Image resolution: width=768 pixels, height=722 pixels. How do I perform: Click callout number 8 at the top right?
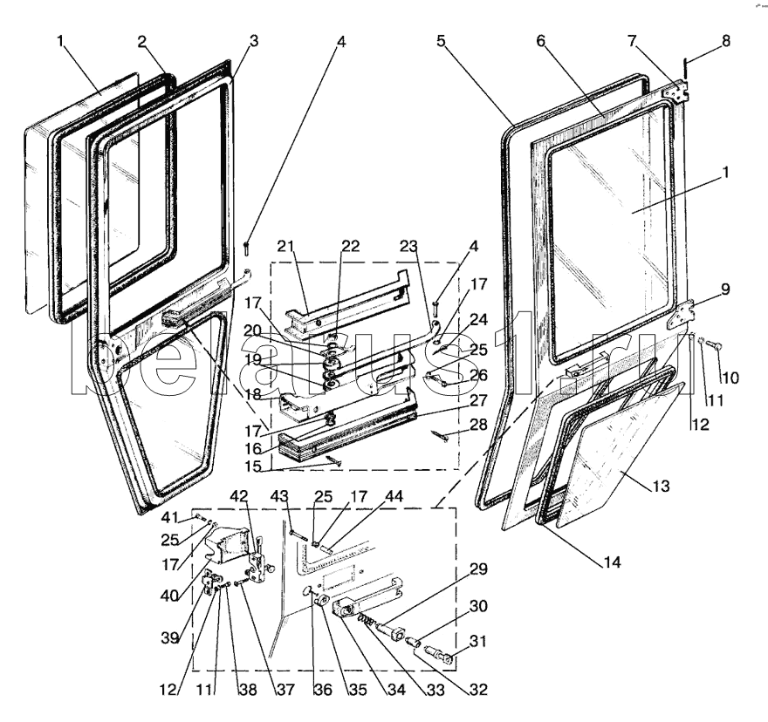point(724,41)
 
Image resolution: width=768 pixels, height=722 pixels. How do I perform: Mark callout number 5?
point(442,41)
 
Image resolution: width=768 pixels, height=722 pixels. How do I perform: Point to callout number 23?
point(409,246)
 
